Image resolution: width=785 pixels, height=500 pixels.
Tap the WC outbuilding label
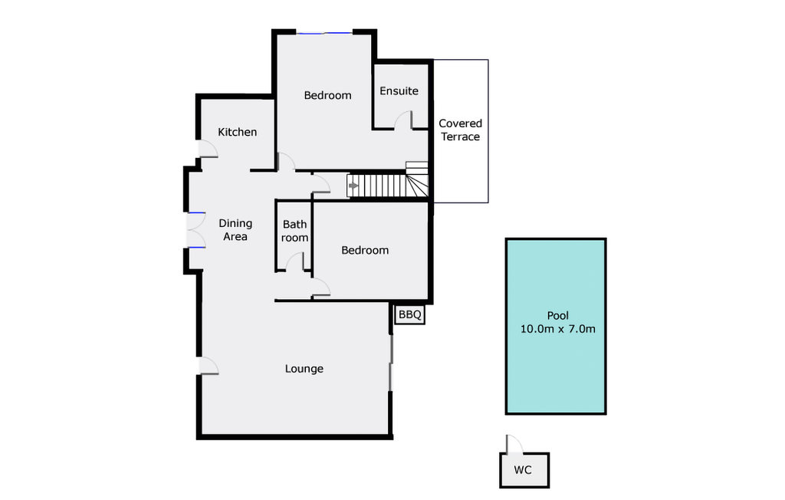523,469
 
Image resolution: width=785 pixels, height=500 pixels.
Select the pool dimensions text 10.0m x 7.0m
557,330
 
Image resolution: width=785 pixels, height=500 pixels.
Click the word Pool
557,315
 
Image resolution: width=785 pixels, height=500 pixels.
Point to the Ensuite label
399,90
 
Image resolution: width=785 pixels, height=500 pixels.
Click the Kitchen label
238,132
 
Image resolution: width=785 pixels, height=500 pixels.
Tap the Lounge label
304,369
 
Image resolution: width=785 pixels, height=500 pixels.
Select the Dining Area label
235,230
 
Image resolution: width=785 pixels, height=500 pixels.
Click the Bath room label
295,231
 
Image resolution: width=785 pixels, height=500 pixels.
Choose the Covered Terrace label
460,130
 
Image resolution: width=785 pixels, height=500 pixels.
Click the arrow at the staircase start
353,186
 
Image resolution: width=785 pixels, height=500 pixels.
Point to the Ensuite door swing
403,120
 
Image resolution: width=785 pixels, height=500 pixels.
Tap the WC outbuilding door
513,445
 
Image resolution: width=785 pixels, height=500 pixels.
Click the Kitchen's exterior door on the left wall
207,149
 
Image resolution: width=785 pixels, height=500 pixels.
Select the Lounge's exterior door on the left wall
208,367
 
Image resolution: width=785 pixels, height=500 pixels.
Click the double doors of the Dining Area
195,230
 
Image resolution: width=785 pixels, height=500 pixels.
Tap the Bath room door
294,262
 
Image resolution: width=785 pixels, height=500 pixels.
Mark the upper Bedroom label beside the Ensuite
327,95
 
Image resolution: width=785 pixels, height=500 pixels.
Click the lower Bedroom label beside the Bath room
365,250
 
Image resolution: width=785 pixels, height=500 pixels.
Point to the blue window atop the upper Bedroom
325,32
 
